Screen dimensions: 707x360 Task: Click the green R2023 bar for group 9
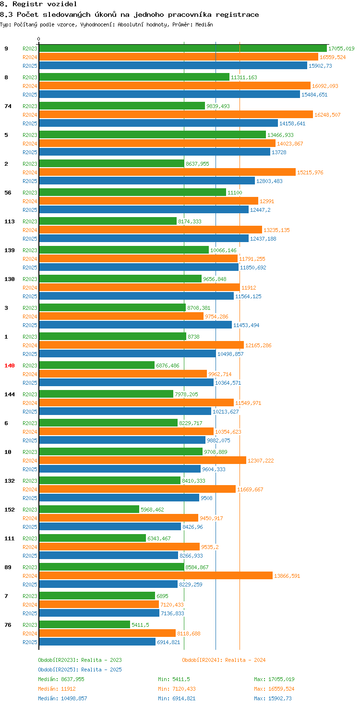182,49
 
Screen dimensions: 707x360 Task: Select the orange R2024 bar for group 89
156,576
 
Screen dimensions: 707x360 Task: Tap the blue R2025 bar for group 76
97,642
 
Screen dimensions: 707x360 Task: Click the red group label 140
10,366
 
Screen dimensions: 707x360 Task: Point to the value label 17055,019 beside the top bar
341,49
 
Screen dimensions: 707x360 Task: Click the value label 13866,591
287,576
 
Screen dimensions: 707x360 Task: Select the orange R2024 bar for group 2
167,172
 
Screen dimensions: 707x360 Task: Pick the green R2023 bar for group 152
89,510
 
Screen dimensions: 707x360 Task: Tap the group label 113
10,221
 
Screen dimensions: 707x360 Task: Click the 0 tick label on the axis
39,39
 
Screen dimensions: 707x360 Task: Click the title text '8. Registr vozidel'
38,4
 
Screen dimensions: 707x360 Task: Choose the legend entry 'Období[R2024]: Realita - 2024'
224,660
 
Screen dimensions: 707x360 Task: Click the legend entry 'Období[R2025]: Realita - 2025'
80,670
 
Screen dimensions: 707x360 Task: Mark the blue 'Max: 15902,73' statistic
273,698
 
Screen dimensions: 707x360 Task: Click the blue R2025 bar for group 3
135,325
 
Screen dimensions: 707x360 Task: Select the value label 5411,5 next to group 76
140,625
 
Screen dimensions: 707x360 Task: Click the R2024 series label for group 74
30,115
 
